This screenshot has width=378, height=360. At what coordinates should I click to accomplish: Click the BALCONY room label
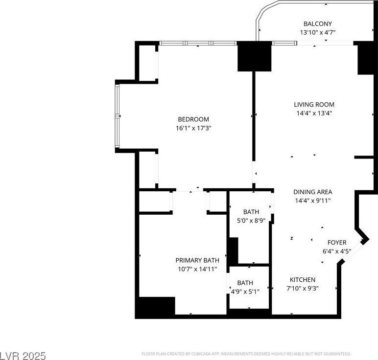(317, 23)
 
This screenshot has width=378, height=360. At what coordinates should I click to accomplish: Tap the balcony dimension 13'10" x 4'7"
(318, 32)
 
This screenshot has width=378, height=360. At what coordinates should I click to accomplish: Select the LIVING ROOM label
(314, 105)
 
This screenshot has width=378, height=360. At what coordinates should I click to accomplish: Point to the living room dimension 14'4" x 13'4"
(314, 113)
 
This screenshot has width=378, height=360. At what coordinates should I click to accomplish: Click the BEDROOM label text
(193, 119)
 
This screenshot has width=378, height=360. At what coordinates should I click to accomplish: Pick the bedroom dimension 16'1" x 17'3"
(193, 128)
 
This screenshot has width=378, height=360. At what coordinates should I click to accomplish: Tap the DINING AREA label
(313, 192)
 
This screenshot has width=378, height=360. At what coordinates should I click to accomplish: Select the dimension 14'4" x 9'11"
(313, 201)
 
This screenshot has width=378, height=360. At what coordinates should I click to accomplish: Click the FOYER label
(337, 243)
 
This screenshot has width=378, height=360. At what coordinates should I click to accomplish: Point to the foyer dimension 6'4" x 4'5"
(337, 251)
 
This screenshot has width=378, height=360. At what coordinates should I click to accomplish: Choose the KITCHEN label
(303, 280)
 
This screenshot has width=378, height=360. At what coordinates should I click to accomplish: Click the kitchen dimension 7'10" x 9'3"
(303, 288)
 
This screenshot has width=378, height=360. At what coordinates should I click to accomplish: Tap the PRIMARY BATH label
(197, 260)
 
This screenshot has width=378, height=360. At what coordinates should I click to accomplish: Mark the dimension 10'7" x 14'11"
(197, 269)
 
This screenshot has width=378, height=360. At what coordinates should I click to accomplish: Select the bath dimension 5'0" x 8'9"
(251, 221)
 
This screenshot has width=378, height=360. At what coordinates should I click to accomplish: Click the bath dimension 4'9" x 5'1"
(245, 292)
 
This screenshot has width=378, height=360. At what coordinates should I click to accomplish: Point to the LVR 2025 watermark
(23, 356)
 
